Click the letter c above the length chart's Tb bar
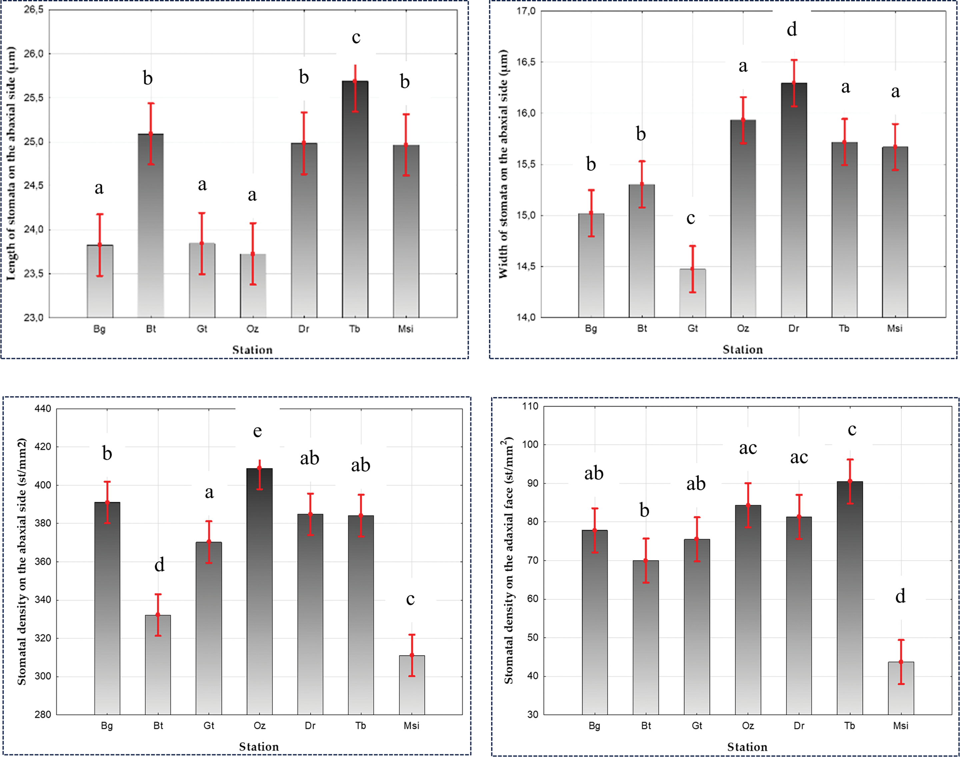pos(356,38)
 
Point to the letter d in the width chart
pos(792,30)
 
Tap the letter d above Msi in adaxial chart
pos(900,597)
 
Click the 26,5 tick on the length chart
pos(34,10)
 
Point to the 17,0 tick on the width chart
pos(526,11)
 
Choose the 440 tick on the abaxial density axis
pos(43,409)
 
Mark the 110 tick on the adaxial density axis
pos(530,406)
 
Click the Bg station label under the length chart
pos(100,329)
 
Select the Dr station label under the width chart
pos(794,328)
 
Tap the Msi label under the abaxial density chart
pos(411,726)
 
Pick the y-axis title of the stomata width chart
pos(503,164)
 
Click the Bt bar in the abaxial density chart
pos(158,665)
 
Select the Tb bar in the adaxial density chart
pos(850,598)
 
